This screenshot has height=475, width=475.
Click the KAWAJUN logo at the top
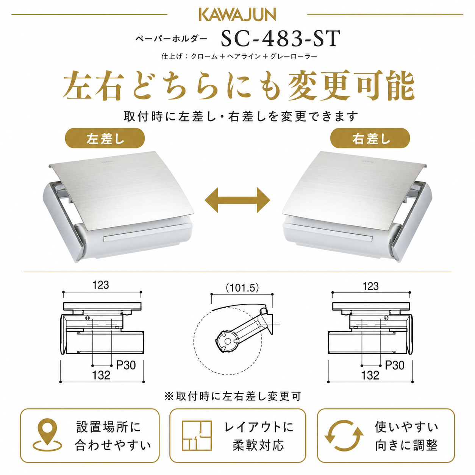(237, 15)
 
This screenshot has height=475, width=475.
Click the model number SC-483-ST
(281, 39)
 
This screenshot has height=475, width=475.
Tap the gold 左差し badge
(105, 138)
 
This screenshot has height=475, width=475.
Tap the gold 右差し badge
(370, 138)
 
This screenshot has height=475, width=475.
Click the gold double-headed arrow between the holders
(237, 200)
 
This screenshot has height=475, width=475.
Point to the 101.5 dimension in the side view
(242, 288)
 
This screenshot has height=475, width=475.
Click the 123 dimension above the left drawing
(101, 285)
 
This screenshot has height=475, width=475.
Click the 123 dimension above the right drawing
(370, 286)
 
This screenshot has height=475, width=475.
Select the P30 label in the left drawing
(126, 365)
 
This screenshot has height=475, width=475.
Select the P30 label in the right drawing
(395, 365)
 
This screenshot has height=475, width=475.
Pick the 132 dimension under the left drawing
(101, 375)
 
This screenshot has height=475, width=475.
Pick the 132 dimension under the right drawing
(370, 375)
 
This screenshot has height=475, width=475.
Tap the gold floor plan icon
(197, 436)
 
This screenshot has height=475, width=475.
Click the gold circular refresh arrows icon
(344, 436)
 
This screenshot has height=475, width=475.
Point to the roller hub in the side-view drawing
(228, 341)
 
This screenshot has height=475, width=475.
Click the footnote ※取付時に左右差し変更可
(233, 396)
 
